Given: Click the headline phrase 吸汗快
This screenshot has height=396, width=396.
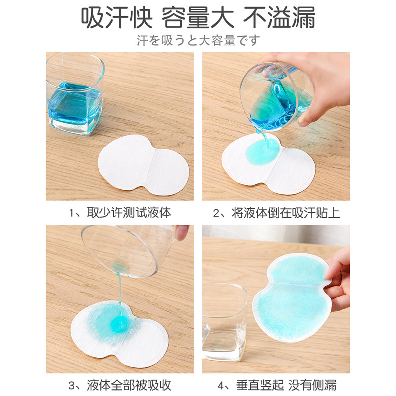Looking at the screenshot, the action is (x=117, y=17).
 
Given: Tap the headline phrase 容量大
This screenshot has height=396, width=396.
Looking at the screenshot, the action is (x=198, y=17).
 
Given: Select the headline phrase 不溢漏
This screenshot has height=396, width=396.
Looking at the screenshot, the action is (x=279, y=17).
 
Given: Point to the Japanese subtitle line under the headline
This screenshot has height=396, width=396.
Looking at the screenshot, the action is (x=198, y=41).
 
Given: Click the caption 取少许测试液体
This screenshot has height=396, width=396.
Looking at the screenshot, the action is (x=129, y=213).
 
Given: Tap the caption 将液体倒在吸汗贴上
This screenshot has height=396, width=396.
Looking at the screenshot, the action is (x=286, y=213).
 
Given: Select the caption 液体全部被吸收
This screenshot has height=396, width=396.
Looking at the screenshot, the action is (x=129, y=385).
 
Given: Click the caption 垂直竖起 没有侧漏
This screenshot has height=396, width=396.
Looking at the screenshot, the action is (x=286, y=385).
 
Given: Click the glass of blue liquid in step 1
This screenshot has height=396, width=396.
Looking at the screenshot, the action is (x=75, y=94).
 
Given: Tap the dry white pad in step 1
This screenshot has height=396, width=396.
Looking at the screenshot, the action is (x=143, y=164).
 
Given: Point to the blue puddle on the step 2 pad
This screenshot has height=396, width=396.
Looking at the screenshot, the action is (x=263, y=152).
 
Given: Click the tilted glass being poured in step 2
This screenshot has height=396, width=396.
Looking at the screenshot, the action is (x=277, y=97).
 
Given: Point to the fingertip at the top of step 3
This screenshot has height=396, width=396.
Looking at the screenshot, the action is (x=181, y=232).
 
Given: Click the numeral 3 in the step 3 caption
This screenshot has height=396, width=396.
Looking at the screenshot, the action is (x=72, y=386).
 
